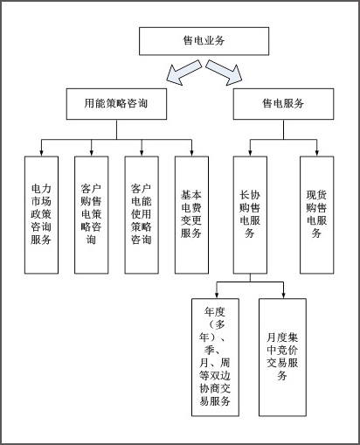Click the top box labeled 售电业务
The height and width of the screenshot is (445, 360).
[204, 41]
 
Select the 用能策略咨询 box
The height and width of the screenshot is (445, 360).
[116, 104]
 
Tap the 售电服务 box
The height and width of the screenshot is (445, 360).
[283, 104]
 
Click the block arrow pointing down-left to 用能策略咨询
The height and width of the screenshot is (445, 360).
[184, 73]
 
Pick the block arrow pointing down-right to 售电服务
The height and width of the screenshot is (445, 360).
[224, 73]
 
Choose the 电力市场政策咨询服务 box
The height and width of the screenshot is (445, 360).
[41, 215]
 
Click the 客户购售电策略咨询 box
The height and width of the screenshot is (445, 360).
[92, 215]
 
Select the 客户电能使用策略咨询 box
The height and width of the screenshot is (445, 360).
[142, 215]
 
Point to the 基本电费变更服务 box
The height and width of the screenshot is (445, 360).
[191, 215]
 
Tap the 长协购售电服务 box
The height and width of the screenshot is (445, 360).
[250, 215]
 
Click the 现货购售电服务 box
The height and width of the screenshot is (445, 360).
[317, 215]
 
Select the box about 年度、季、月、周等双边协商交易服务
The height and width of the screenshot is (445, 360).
[215, 358]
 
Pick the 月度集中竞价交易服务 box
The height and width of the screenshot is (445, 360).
[282, 358]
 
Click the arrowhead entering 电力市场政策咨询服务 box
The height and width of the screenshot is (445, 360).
[41, 153]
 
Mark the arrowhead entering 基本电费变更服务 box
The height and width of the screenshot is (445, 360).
[191, 153]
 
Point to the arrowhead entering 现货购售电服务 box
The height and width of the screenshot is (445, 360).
[317, 153]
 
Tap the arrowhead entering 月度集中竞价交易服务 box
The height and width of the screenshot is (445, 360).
[283, 295]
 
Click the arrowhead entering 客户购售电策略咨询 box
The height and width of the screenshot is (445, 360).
[92, 153]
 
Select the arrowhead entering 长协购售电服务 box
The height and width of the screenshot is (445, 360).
[250, 153]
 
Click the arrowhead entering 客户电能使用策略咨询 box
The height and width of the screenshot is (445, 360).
[142, 153]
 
